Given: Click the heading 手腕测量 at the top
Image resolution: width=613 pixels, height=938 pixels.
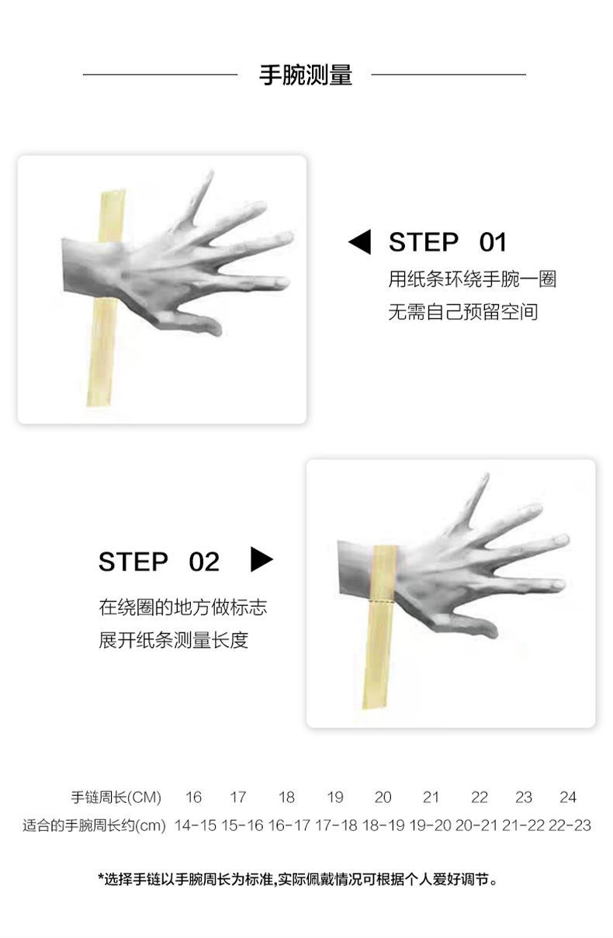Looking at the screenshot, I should [x=305, y=75].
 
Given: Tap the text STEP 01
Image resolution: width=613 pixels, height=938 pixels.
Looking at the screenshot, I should [x=447, y=242].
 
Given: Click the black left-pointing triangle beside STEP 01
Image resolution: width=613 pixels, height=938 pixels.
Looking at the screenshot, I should [x=360, y=242].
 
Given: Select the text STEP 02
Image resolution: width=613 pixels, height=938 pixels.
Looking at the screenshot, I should [x=159, y=562].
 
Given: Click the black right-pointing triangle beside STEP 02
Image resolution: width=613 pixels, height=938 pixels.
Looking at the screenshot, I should [x=261, y=559].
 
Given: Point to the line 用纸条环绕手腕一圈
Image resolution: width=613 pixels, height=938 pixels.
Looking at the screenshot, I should [x=472, y=279].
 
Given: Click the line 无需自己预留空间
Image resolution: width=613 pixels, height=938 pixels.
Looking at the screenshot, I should [x=462, y=312].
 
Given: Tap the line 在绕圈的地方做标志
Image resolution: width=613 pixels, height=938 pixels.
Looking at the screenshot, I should [x=182, y=607].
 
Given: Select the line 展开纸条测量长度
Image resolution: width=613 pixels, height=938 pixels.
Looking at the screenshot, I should [x=173, y=640].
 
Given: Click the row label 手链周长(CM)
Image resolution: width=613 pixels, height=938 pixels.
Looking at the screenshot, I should [x=116, y=797].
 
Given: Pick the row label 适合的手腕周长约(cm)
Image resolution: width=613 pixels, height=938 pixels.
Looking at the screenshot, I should [x=95, y=826].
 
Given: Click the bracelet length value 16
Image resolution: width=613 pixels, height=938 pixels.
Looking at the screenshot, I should [x=193, y=797].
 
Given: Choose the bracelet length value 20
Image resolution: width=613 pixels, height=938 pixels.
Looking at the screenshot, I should [x=383, y=797].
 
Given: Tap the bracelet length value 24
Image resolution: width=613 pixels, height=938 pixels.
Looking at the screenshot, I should [x=568, y=797].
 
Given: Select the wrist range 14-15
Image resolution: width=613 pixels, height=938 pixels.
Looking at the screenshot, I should [x=196, y=826].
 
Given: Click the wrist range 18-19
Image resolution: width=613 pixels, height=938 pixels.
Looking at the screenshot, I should [x=383, y=826].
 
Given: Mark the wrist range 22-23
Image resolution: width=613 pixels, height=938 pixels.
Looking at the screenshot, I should [x=570, y=826].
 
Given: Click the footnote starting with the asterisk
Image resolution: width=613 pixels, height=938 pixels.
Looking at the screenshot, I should [x=298, y=879].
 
